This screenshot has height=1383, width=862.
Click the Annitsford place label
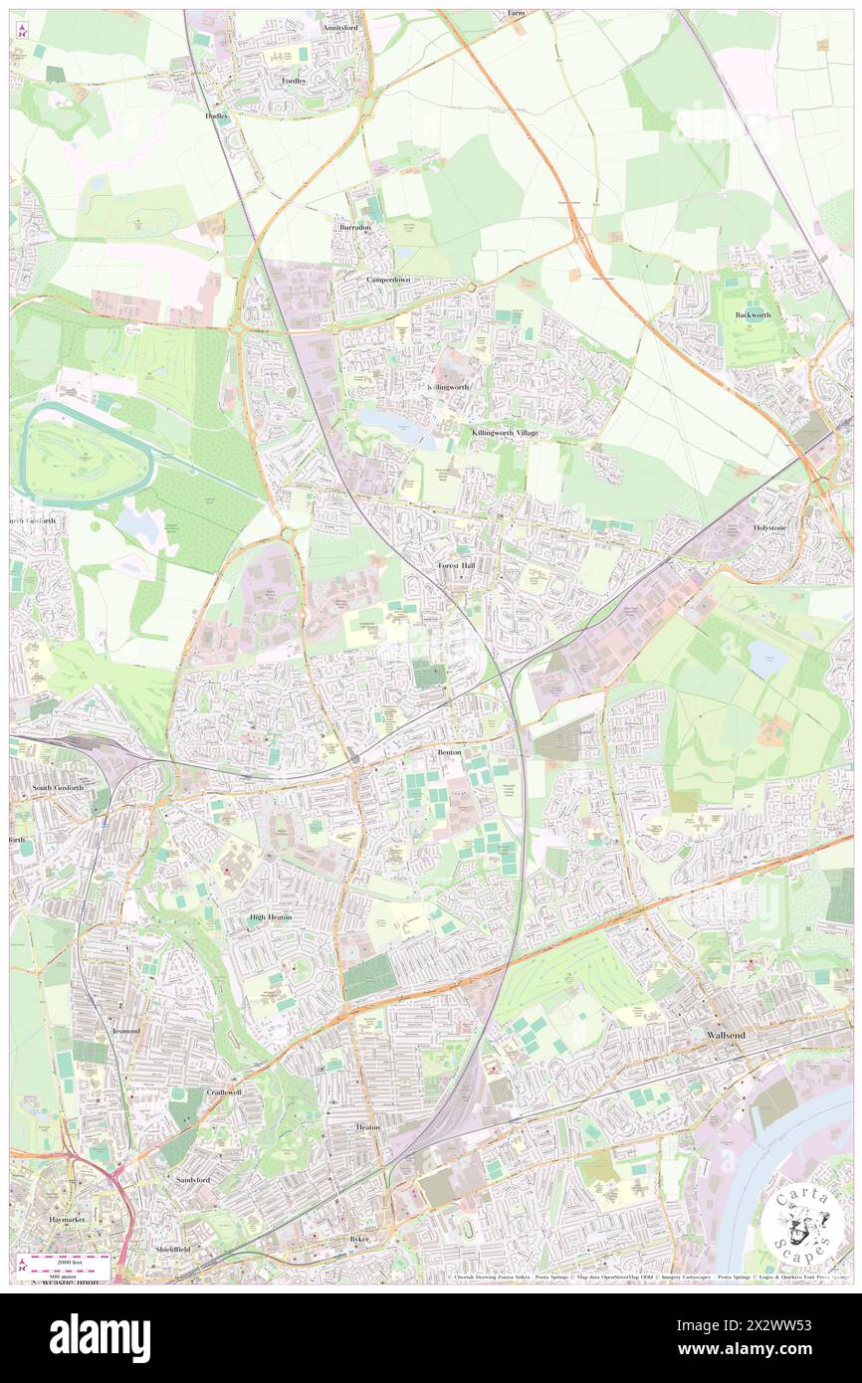click(x=339, y=29)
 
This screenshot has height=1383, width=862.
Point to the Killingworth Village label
click(x=505, y=433)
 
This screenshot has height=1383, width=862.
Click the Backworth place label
click(x=754, y=314)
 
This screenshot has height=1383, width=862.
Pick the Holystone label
click(x=769, y=527)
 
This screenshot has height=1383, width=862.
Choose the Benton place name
click(x=450, y=752)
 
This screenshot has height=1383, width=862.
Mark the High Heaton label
click(x=271, y=916)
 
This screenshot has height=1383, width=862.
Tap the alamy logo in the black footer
click(x=100, y=1337)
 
